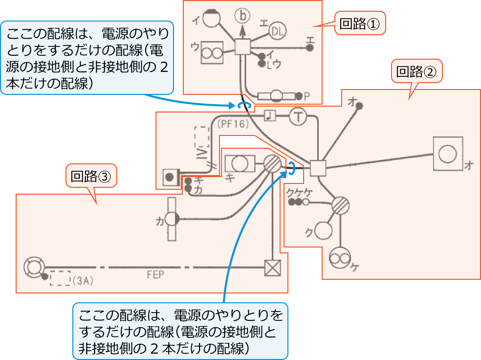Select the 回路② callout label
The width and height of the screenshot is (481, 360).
click(416, 72)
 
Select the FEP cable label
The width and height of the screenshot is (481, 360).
click(155, 275)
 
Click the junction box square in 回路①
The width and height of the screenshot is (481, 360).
click(242, 47)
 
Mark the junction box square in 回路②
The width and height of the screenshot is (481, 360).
click(318, 168)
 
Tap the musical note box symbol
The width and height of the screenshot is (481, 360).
click(270, 115)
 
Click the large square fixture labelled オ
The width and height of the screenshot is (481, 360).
click(447, 154)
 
